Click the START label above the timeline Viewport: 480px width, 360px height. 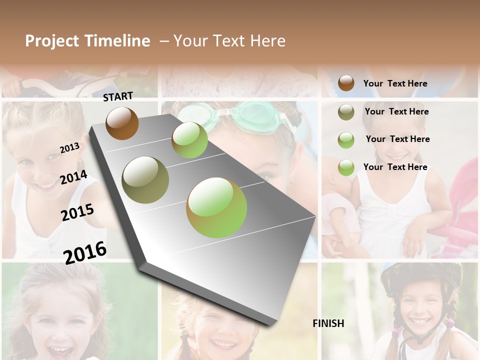tap(118, 96)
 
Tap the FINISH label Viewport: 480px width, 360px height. tap(328, 323)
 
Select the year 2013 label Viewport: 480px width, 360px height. tap(69, 148)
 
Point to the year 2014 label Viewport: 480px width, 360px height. tap(73, 177)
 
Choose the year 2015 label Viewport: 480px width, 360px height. tap(77, 212)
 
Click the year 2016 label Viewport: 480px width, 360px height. tap(85, 252)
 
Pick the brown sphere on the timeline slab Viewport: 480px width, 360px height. tap(122, 123)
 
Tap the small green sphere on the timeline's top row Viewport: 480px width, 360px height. tap(189, 140)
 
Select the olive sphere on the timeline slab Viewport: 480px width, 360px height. tap(145, 180)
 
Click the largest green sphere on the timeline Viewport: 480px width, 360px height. tap(216, 207)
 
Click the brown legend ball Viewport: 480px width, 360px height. tap(346, 83)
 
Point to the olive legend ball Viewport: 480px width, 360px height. tap(346, 112)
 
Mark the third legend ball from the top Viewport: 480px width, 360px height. tap(346, 140)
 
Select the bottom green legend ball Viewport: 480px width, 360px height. tap(346, 167)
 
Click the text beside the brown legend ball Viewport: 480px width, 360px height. tap(395, 83)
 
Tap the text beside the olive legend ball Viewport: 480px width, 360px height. tap(396, 111)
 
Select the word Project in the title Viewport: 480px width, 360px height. tap(52, 41)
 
